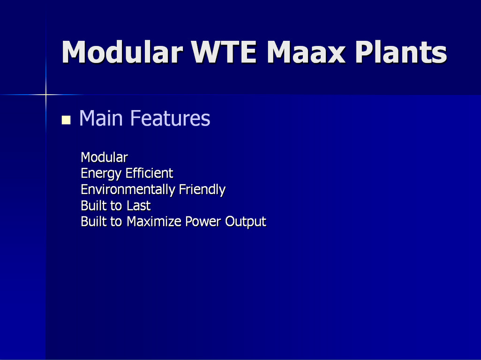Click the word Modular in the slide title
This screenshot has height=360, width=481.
point(122,52)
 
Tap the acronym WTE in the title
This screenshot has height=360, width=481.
point(224,52)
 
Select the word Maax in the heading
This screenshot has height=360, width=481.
point(306,52)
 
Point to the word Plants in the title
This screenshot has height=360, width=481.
point(401,52)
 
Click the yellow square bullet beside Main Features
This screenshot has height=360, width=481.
point(66,120)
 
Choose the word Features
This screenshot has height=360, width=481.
point(170,118)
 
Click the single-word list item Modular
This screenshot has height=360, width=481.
point(104,157)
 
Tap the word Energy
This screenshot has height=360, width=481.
point(101,174)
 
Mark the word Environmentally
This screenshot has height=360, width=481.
point(128,190)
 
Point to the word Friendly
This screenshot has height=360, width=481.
point(202,190)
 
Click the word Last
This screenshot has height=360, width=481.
point(139,206)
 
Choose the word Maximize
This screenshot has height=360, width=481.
point(154,222)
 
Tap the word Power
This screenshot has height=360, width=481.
point(203,222)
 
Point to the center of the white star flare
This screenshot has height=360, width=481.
point(45,95)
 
